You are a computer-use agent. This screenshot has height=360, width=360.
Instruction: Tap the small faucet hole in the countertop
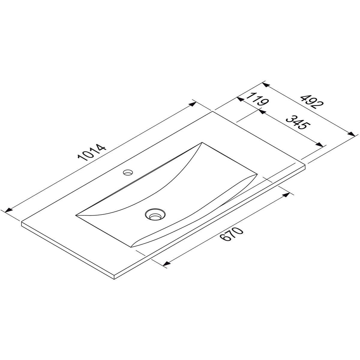pos(128,172)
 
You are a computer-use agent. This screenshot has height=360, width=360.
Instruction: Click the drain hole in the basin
pos(155,214)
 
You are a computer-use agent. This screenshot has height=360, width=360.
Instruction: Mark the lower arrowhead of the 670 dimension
pos(166,264)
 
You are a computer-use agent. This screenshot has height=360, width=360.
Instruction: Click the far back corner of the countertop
pos(213,111)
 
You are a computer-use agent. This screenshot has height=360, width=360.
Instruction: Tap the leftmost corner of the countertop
pos(22,222)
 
